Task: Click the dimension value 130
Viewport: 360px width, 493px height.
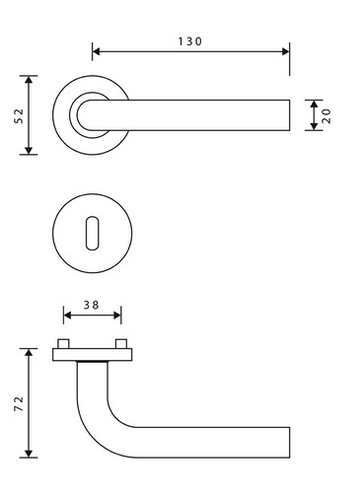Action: click(x=190, y=41)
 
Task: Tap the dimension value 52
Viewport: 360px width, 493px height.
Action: click(x=20, y=116)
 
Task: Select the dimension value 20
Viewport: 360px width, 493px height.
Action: click(x=326, y=115)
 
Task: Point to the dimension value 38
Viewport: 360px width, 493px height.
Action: click(x=91, y=305)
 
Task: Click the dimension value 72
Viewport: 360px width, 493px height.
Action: click(x=19, y=404)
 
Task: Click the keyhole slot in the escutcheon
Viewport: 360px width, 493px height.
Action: click(x=92, y=233)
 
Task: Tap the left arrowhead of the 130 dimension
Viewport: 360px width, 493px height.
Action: click(x=96, y=51)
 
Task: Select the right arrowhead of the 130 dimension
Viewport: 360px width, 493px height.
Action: click(x=286, y=51)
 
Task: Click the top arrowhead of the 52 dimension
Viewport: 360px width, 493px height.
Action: click(x=29, y=80)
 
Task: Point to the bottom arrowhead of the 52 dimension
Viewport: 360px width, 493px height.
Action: click(x=29, y=150)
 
